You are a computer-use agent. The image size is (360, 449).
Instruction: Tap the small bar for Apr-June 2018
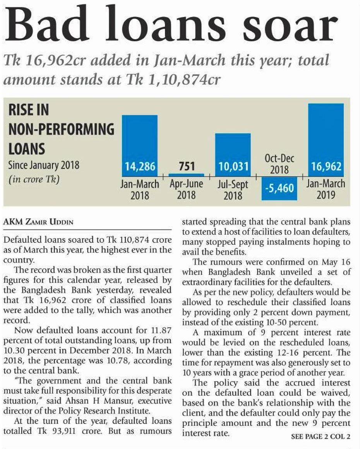point(186,175)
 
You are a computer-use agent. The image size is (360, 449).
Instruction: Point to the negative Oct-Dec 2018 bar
point(279,188)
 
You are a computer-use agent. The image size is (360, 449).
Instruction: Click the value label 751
point(186,167)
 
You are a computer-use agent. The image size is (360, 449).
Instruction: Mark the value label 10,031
point(233,167)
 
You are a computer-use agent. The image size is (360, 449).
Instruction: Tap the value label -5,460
point(279,190)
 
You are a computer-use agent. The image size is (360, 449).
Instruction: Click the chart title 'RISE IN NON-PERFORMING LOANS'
point(61,129)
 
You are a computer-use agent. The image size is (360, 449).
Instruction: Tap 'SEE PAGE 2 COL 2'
point(321,437)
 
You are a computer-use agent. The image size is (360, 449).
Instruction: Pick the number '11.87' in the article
point(159,331)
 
